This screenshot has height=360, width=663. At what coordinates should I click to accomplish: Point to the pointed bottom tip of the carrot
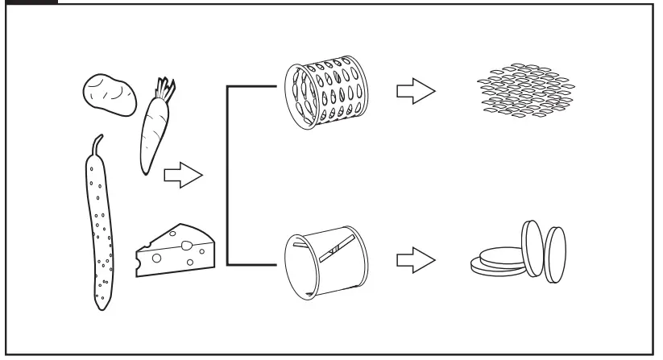[x=145, y=172]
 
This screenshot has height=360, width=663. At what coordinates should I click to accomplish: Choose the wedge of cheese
[x=175, y=252]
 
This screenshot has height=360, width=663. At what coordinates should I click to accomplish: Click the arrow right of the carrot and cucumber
[x=181, y=176]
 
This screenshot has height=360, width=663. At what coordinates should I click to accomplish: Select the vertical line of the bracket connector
[x=229, y=175]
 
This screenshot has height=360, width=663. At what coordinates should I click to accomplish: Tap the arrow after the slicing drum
[x=415, y=262]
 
